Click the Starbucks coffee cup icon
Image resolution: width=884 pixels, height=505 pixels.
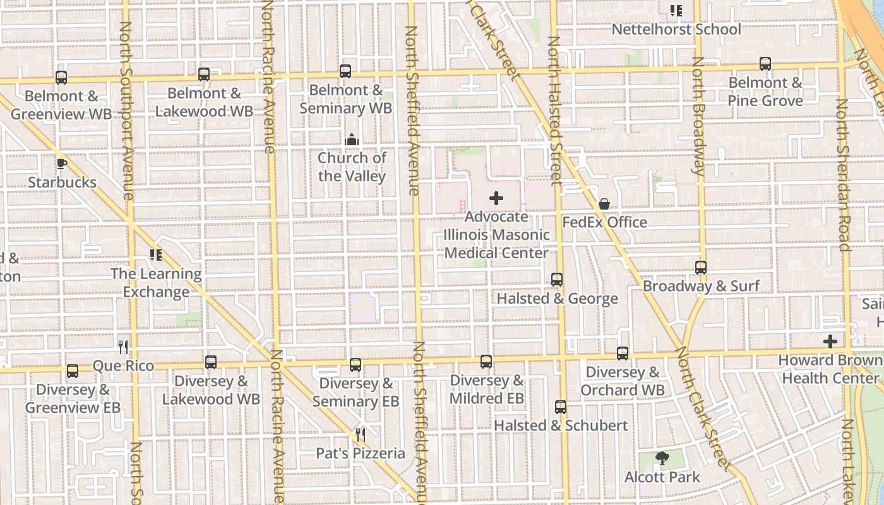tap(61, 164)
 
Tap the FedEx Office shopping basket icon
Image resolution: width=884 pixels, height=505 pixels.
tap(604, 204)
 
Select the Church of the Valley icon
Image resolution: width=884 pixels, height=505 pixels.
tap(352, 140)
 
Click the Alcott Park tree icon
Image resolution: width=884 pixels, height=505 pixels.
tap(662, 458)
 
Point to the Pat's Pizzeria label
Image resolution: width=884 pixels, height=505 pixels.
tap(361, 453)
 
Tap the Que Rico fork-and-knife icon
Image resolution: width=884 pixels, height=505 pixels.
tap(123, 347)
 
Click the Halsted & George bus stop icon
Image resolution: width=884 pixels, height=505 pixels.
tap(557, 280)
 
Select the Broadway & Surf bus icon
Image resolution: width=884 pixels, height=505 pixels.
tap(701, 268)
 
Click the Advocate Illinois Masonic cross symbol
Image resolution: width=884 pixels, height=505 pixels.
tap(496, 198)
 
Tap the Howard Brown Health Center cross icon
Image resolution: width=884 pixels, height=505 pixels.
tap(830, 342)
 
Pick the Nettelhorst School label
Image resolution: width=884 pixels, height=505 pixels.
tap(676, 29)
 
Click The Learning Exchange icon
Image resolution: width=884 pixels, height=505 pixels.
tap(155, 255)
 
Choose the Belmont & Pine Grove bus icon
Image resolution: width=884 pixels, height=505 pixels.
tap(765, 64)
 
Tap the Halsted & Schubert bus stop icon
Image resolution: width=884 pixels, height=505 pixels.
tap(561, 407)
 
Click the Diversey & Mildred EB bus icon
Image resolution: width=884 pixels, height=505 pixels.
tap(486, 362)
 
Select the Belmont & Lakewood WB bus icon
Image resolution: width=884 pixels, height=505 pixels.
tap(204, 74)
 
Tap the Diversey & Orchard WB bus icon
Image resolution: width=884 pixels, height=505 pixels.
tap(623, 353)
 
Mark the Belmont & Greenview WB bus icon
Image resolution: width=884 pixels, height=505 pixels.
tap(61, 78)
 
